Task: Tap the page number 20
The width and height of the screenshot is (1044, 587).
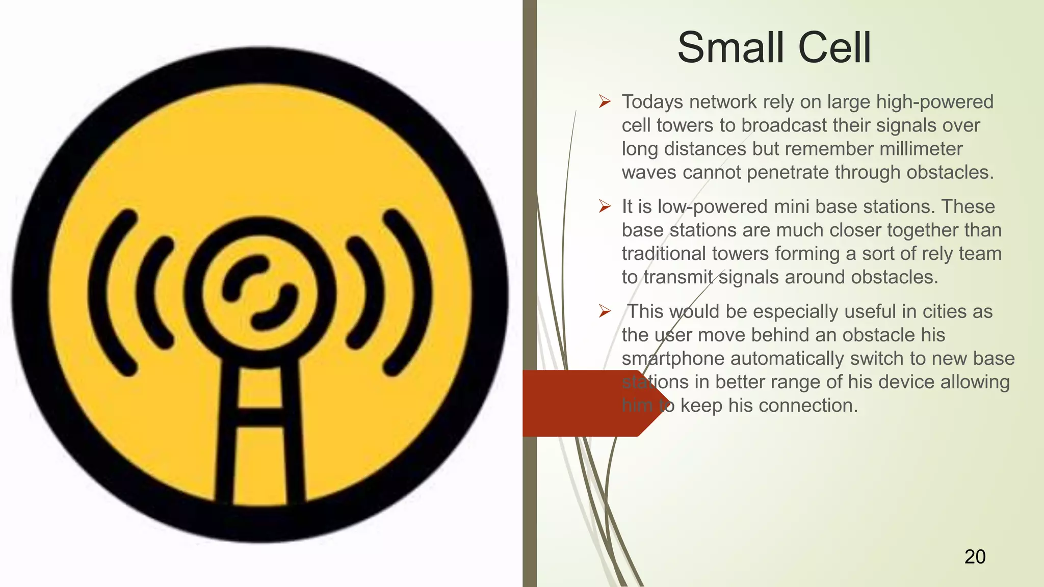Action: [975, 556]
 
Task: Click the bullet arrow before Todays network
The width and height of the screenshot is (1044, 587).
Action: [605, 101]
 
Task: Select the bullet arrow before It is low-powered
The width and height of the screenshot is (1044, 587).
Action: [605, 206]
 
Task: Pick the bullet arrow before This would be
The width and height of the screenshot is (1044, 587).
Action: [605, 311]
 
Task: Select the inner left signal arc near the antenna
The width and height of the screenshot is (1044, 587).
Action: [153, 293]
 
